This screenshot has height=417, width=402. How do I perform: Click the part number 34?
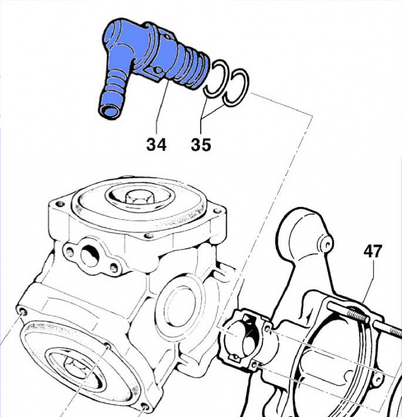click(156, 144)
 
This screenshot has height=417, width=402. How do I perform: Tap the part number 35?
click(201, 144)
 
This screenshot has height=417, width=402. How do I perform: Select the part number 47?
click(372, 251)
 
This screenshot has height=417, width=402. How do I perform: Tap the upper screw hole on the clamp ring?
click(267, 329)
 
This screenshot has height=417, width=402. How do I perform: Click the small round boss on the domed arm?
click(327, 241)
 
